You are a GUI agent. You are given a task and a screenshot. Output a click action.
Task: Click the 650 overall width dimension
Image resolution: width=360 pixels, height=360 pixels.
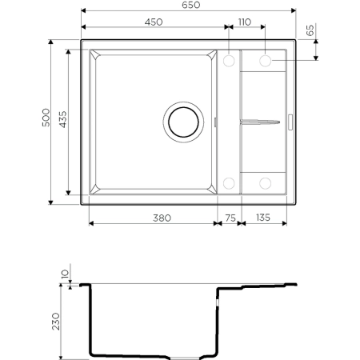click(x=189, y=6)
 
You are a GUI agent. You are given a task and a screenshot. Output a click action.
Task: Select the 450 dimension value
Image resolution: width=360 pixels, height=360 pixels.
click(x=155, y=22)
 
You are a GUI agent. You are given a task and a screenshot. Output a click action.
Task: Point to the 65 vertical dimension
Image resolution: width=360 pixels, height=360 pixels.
click(x=309, y=34)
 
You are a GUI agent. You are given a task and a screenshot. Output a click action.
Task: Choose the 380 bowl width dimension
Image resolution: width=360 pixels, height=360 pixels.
click(x=152, y=215)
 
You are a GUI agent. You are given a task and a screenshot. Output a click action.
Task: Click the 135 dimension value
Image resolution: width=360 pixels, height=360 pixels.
click(x=261, y=215)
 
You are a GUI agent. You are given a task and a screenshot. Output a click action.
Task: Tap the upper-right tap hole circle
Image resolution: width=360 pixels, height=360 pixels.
click(x=265, y=60)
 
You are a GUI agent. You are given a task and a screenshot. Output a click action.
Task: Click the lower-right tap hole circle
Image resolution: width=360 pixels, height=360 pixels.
click(x=265, y=183)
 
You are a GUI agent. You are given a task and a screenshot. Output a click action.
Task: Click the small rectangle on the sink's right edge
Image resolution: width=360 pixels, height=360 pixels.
click(x=290, y=122)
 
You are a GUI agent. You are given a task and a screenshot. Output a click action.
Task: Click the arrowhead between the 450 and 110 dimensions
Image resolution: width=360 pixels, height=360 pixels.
click(x=227, y=30)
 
